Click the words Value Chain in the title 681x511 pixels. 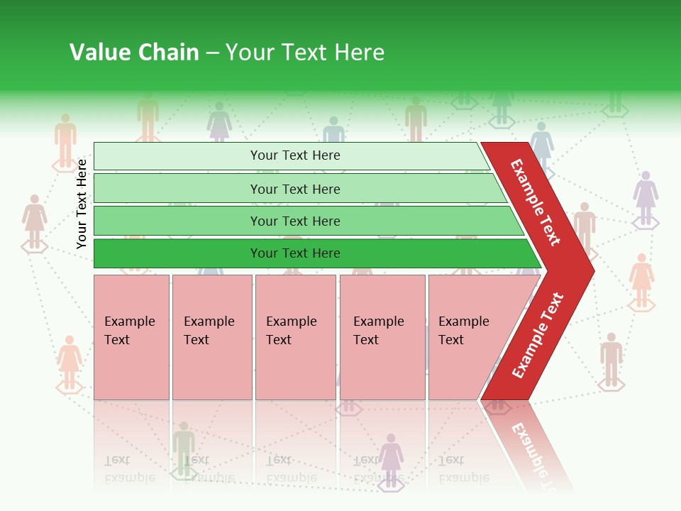point(134,53)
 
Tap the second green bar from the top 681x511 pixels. point(294,189)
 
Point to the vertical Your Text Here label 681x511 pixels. point(82,204)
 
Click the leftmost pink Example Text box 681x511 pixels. point(131,336)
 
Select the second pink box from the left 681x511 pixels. point(211,336)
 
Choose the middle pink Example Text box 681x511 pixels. point(295,336)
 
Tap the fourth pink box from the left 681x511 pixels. point(382,336)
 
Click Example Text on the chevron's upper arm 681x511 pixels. point(536,202)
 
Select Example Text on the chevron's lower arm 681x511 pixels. point(538,335)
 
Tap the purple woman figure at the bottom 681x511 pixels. point(391,457)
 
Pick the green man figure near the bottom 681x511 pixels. point(184,447)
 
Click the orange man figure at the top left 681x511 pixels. point(65,139)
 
